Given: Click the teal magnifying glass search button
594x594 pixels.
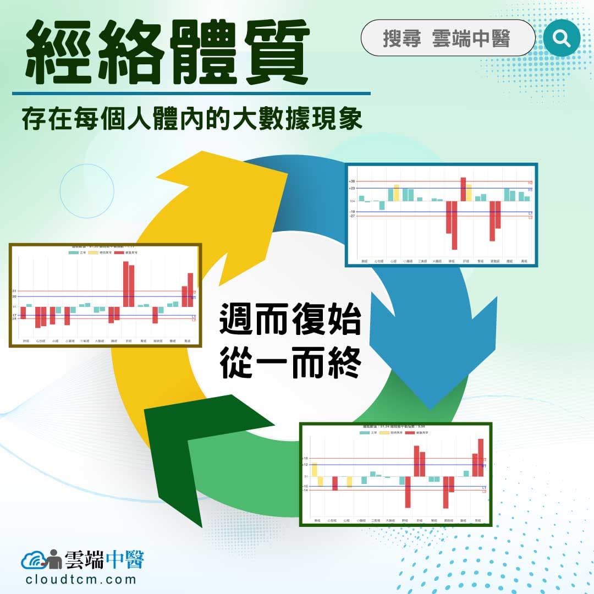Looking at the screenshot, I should [x=562, y=37].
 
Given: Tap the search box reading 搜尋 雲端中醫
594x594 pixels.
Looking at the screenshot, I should [x=447, y=38].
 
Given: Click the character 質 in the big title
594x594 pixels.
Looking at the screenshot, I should [x=271, y=53].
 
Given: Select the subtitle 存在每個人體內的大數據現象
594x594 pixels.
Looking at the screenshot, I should [x=192, y=119].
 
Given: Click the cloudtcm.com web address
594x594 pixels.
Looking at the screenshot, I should [x=81, y=579].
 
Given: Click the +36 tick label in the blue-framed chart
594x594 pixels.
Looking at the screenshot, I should [x=352, y=181].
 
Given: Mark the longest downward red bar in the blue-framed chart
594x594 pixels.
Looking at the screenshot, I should [x=454, y=225].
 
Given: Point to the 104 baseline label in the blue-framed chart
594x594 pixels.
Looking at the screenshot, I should [x=352, y=201].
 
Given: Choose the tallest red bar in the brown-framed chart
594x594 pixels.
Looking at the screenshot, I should [x=125, y=284].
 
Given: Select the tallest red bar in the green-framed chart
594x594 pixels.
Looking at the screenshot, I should [x=481, y=458].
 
